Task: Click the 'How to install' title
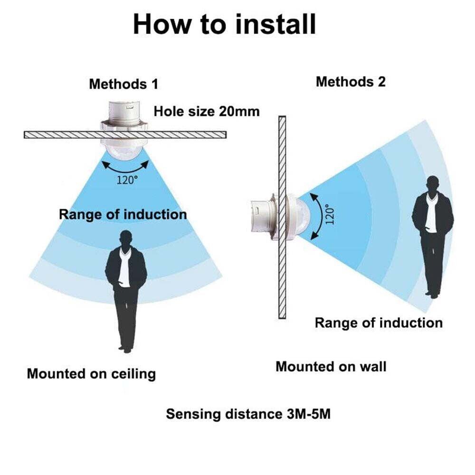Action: (x=225, y=24)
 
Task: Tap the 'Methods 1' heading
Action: (x=123, y=84)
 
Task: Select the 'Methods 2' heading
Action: (x=351, y=82)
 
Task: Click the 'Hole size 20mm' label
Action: (x=207, y=112)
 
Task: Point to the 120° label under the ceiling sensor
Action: (x=127, y=180)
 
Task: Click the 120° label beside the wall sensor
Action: (x=330, y=214)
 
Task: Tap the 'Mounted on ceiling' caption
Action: (x=91, y=374)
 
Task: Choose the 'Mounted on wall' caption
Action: (x=331, y=367)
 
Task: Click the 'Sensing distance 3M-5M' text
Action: (x=248, y=414)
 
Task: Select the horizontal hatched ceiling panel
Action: (x=125, y=134)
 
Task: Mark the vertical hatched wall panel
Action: (x=282, y=217)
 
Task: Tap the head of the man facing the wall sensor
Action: (x=433, y=184)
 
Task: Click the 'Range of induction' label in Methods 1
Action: (x=123, y=215)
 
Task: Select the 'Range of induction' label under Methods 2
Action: (x=379, y=323)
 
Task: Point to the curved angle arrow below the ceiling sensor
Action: (x=125, y=171)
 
